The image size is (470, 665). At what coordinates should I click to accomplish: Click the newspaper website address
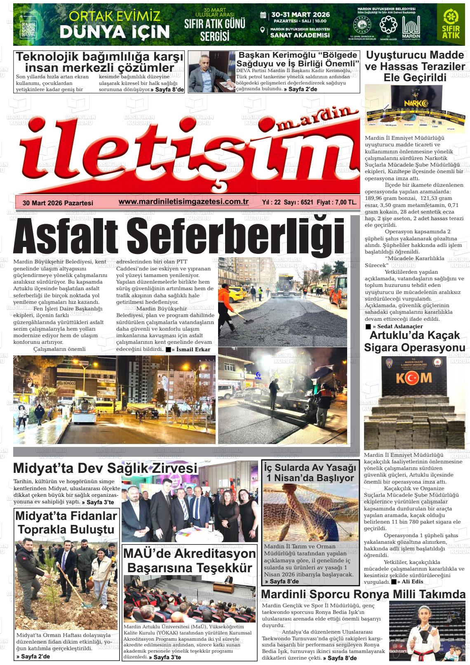(x=183, y=202)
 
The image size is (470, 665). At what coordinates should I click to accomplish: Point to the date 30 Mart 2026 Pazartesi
(x=58, y=203)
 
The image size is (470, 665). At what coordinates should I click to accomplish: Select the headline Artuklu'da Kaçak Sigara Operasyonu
(x=414, y=341)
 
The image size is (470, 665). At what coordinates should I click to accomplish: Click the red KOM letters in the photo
(x=414, y=378)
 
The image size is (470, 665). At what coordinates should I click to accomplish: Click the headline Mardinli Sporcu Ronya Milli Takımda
(x=363, y=594)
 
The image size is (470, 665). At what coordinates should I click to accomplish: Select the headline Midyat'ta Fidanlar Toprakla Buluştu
(x=66, y=522)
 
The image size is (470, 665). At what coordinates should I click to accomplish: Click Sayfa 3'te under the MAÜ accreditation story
(x=167, y=657)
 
